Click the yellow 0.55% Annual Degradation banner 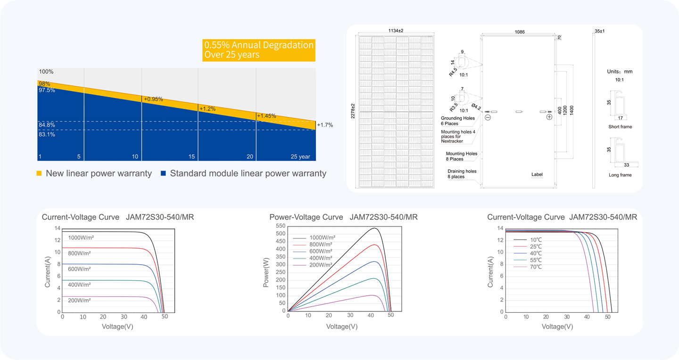pos(259,50)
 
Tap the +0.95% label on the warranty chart pos(153,99)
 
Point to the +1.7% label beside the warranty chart pos(325,125)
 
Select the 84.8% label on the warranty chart pos(47,125)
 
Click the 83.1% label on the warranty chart pos(47,134)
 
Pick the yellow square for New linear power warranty pos(39,173)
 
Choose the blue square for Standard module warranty pos(163,173)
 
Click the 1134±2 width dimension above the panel pos(396,31)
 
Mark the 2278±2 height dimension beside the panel pos(353,111)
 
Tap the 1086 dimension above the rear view pos(520,32)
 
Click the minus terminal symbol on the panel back pos(488,117)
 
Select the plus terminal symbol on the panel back pos(549,117)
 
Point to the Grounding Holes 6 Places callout pos(458,121)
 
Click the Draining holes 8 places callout pos(462,174)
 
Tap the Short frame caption pos(620,127)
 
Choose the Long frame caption pos(620,175)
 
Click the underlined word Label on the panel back pos(537,175)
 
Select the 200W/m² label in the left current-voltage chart pos(79,300)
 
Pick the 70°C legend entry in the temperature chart pos(536,267)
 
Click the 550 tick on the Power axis pos(281,226)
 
